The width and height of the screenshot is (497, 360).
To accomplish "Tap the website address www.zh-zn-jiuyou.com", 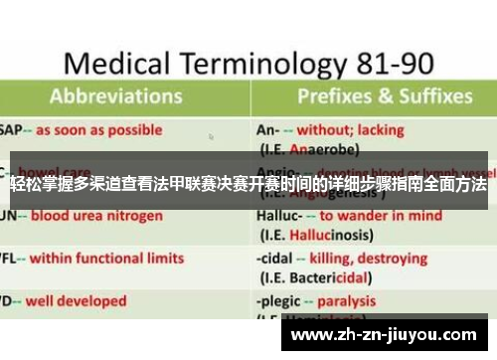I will pyautogui.click(x=394, y=334).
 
